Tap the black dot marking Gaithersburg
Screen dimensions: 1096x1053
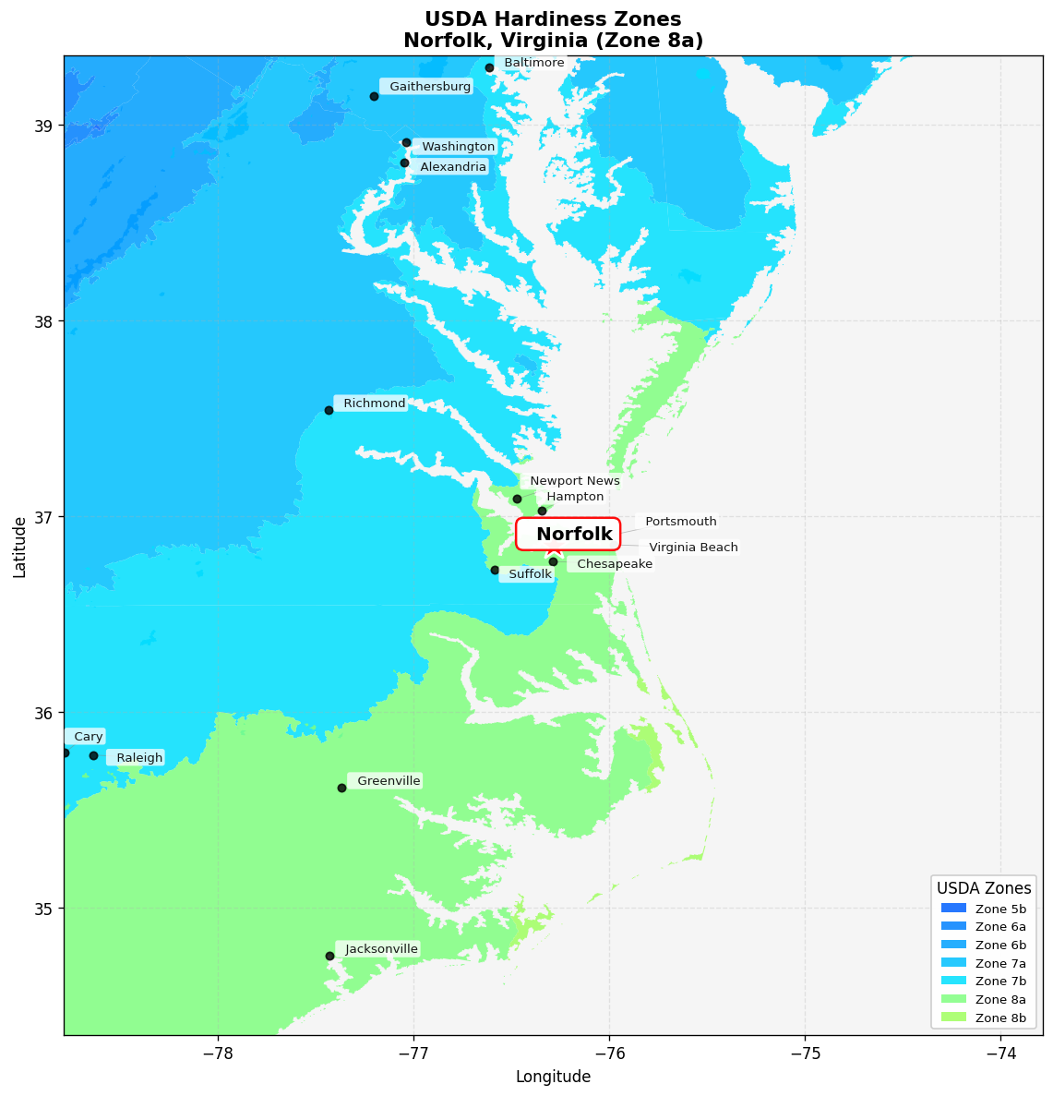tap(374, 96)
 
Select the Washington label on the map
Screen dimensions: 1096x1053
tap(458, 147)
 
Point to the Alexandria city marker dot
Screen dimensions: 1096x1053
tap(404, 163)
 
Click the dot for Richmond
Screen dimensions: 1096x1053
tap(329, 410)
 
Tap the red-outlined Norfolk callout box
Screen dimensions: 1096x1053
tap(568, 534)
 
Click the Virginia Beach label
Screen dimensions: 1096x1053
tap(693, 548)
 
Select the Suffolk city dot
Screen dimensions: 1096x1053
tap(495, 570)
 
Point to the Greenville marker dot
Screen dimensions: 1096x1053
tap(341, 788)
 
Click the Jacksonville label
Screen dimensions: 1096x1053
tap(381, 949)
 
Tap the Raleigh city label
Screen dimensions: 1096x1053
tap(139, 758)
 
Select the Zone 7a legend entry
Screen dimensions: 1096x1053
tap(984, 963)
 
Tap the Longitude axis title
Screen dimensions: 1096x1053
tap(553, 1077)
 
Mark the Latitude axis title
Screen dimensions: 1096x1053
tap(19, 547)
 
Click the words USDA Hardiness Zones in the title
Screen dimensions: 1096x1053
tap(553, 19)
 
